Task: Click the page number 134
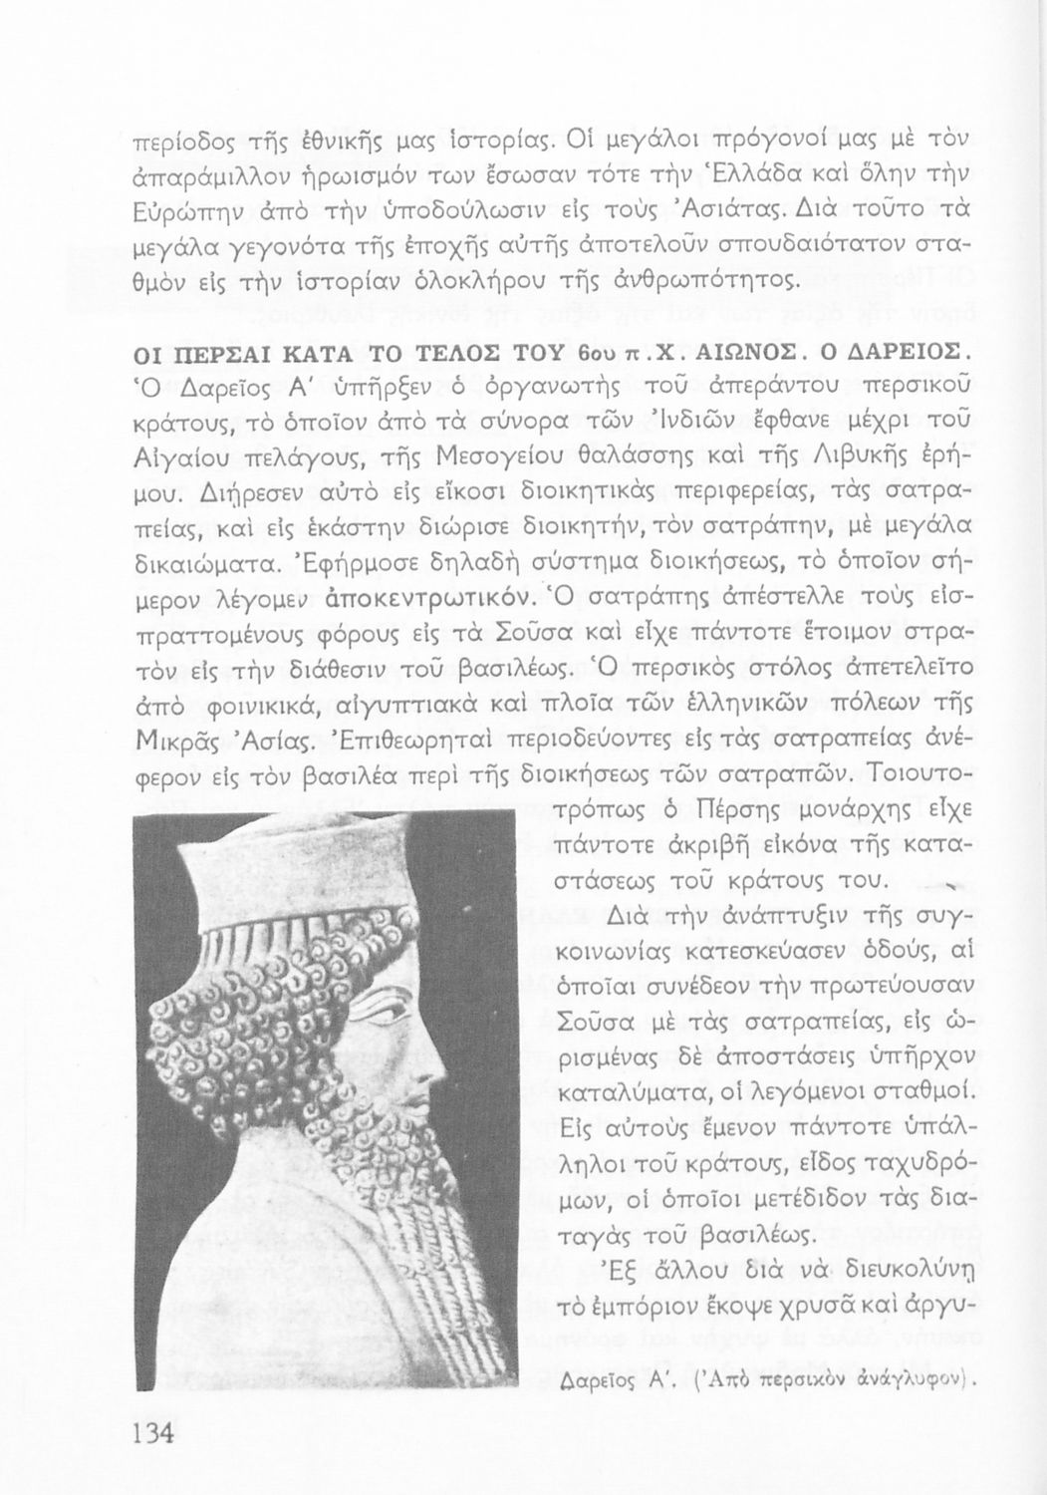(153, 1433)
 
